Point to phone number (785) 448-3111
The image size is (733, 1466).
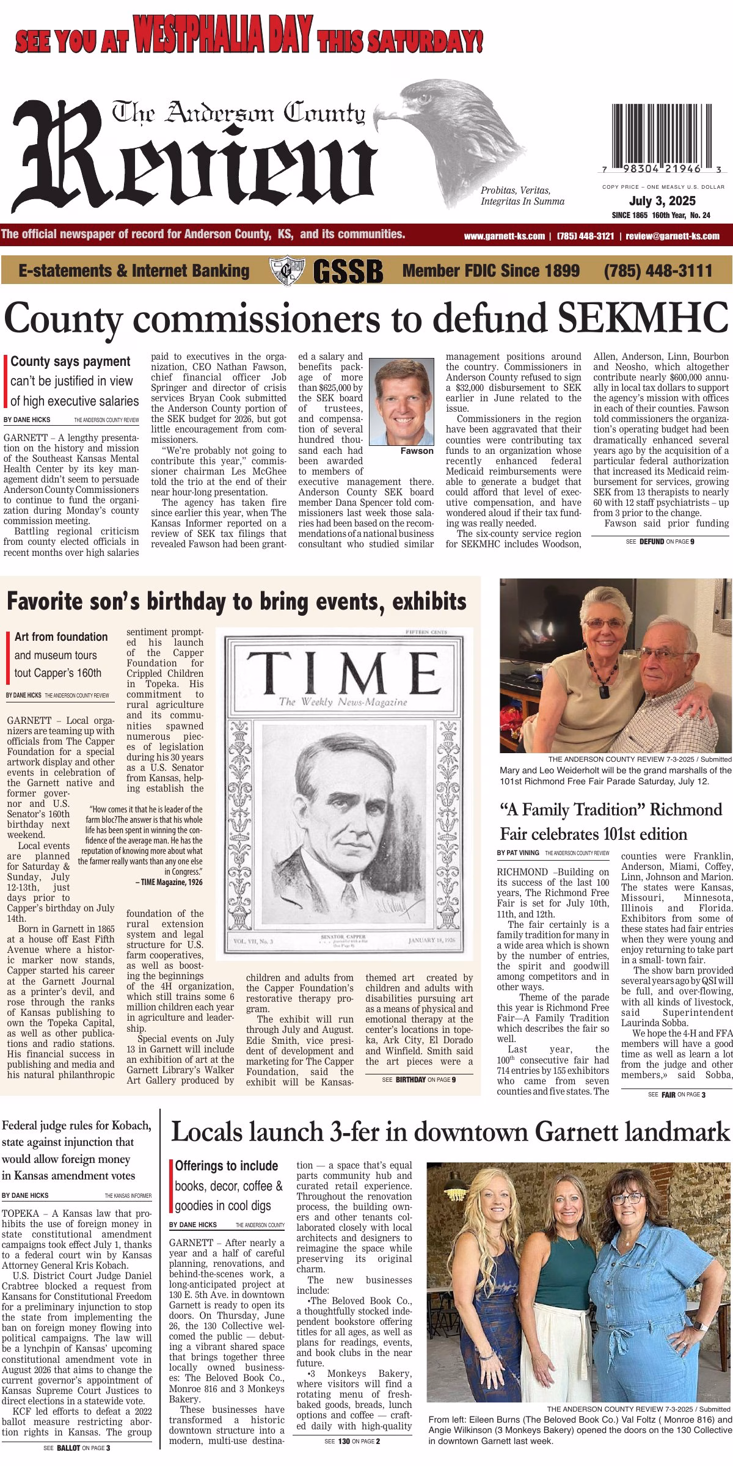pos(658,271)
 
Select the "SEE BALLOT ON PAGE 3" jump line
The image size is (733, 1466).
pos(77,1447)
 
